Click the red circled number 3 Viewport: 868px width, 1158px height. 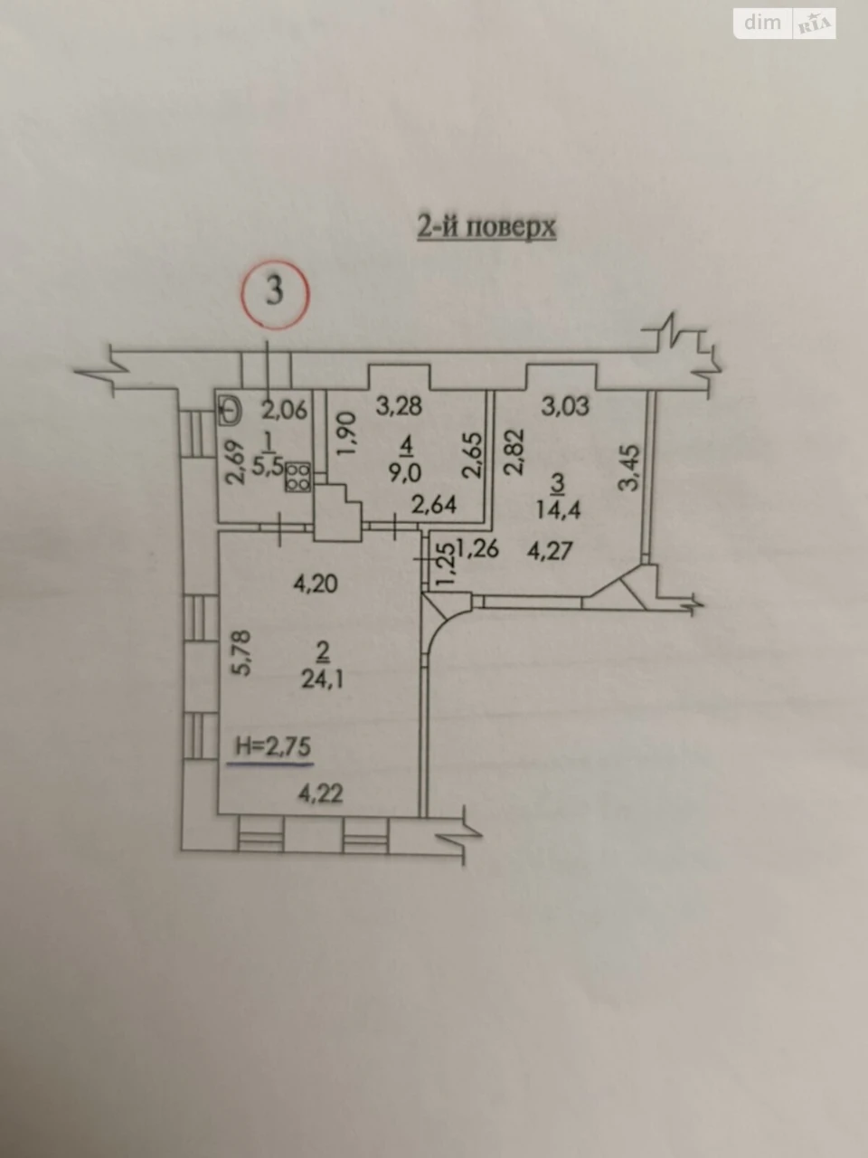275,294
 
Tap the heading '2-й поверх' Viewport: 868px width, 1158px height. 486,228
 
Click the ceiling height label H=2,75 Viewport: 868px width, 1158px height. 273,746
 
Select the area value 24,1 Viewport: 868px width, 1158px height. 322,679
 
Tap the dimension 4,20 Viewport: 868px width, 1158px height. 316,584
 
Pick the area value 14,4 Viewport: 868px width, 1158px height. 558,509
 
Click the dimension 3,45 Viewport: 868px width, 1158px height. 630,468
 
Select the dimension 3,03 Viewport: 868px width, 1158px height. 565,406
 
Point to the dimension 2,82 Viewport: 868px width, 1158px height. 514,451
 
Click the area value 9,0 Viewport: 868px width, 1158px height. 405,473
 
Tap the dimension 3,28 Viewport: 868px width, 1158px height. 399,406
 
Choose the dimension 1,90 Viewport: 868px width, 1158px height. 348,435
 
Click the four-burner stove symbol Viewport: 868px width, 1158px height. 297,477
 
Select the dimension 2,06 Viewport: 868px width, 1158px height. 285,410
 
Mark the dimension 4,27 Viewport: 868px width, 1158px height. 550,551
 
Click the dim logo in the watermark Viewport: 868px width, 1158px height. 762,23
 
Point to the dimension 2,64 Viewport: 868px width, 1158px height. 434,505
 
